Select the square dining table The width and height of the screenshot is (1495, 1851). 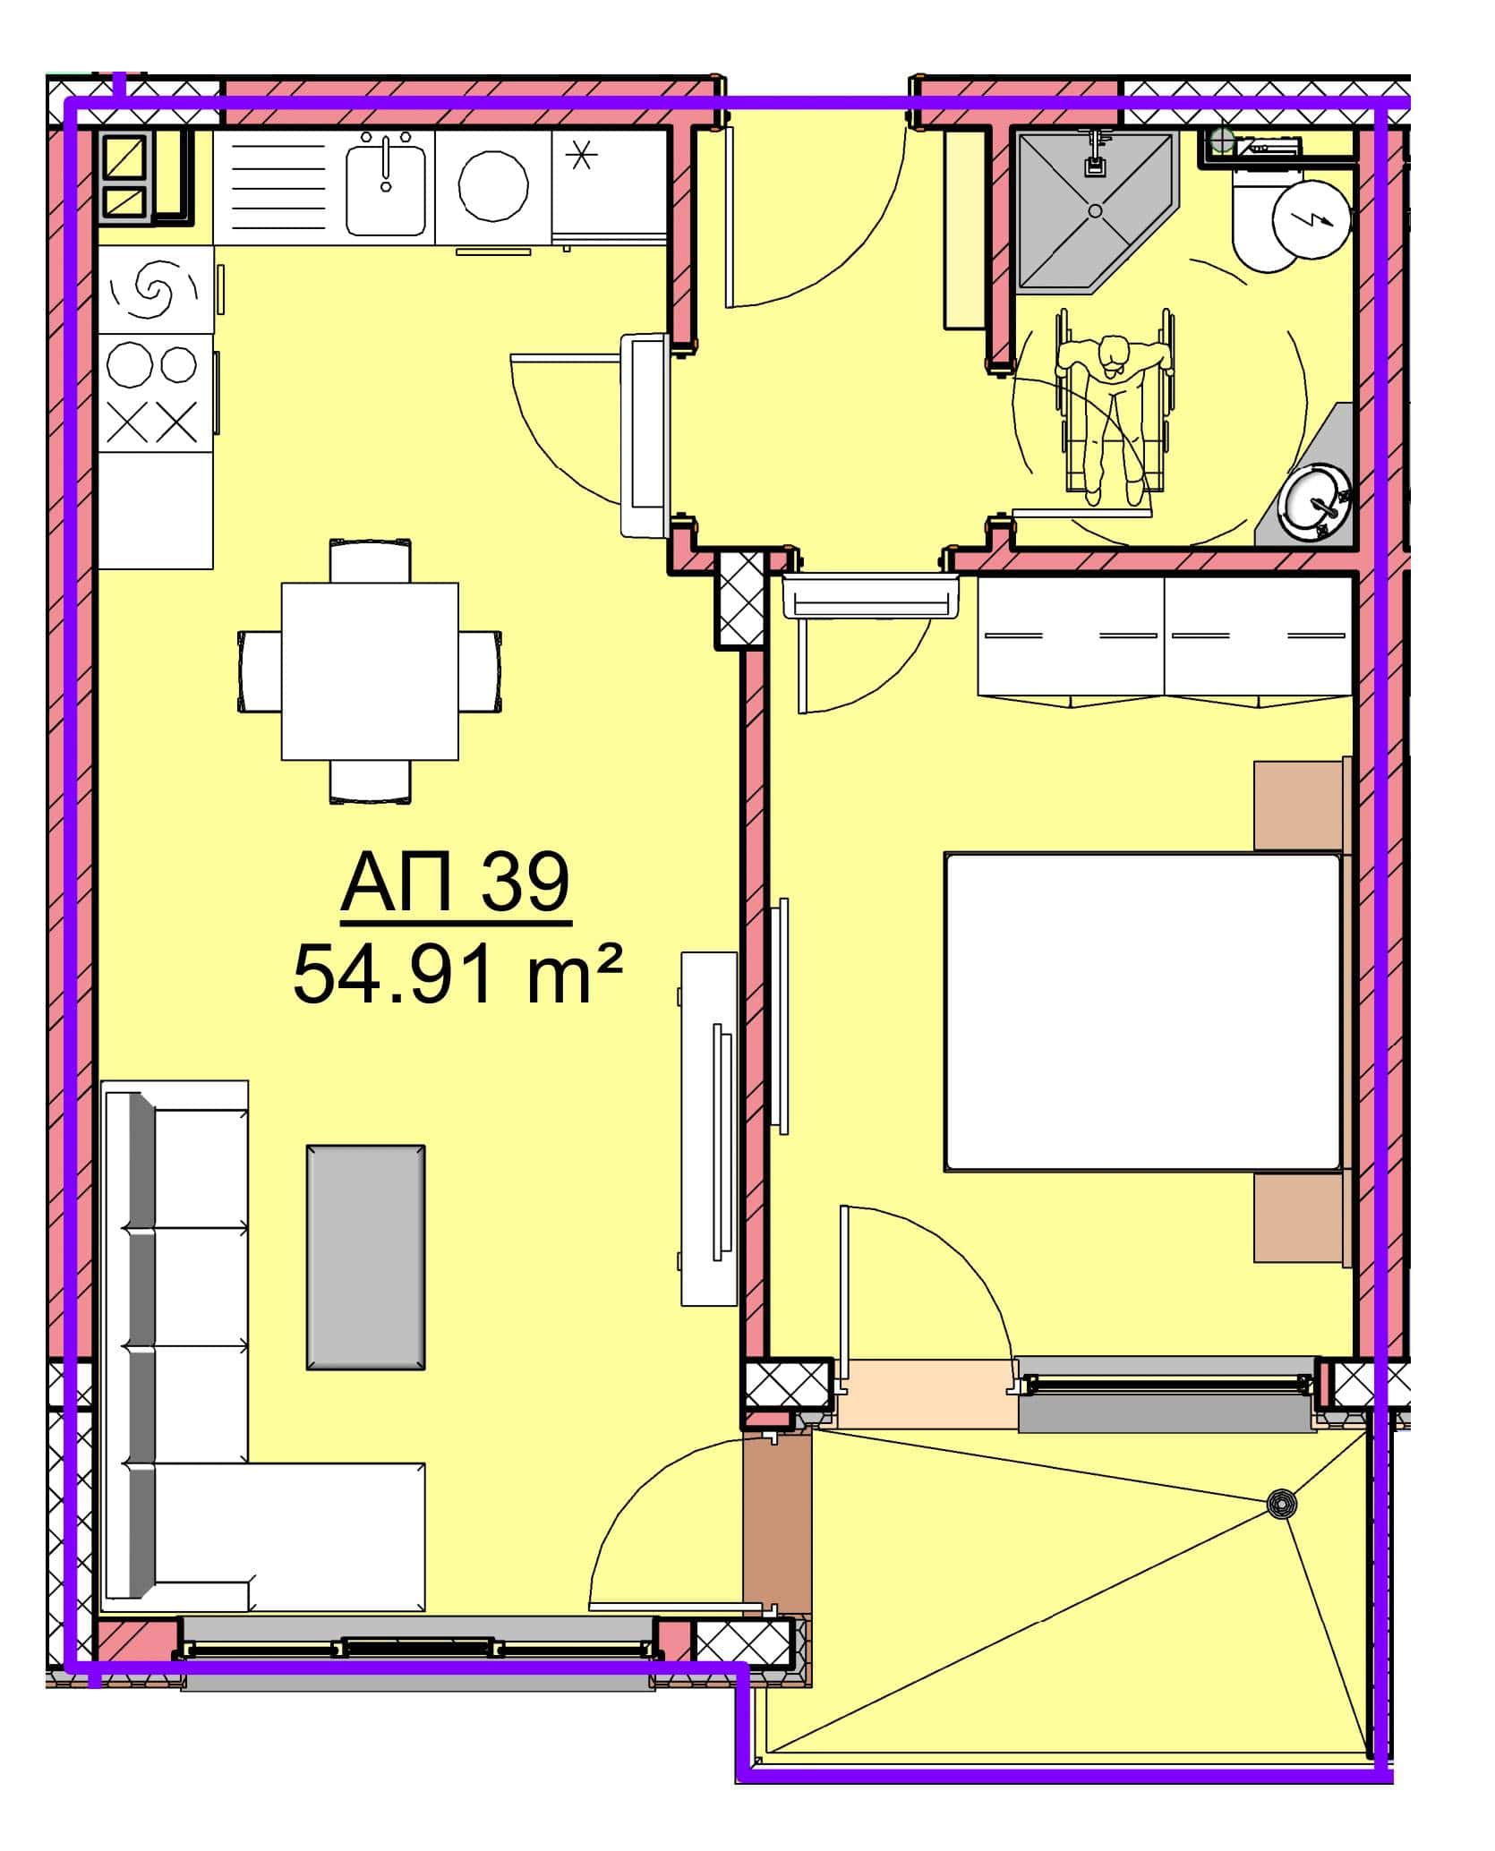pyautogui.click(x=370, y=671)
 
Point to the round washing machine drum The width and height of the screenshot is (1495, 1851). pyautogui.click(x=492, y=185)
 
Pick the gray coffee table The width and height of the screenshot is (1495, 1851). pyautogui.click(x=365, y=1258)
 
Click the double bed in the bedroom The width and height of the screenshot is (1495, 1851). pyautogui.click(x=1143, y=1011)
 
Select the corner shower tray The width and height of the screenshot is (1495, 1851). pyautogui.click(x=1094, y=212)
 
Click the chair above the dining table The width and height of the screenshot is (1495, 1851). pyautogui.click(x=370, y=560)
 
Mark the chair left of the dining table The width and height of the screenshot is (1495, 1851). pyautogui.click(x=260, y=671)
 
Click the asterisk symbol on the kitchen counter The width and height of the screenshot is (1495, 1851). pyautogui.click(x=582, y=158)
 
